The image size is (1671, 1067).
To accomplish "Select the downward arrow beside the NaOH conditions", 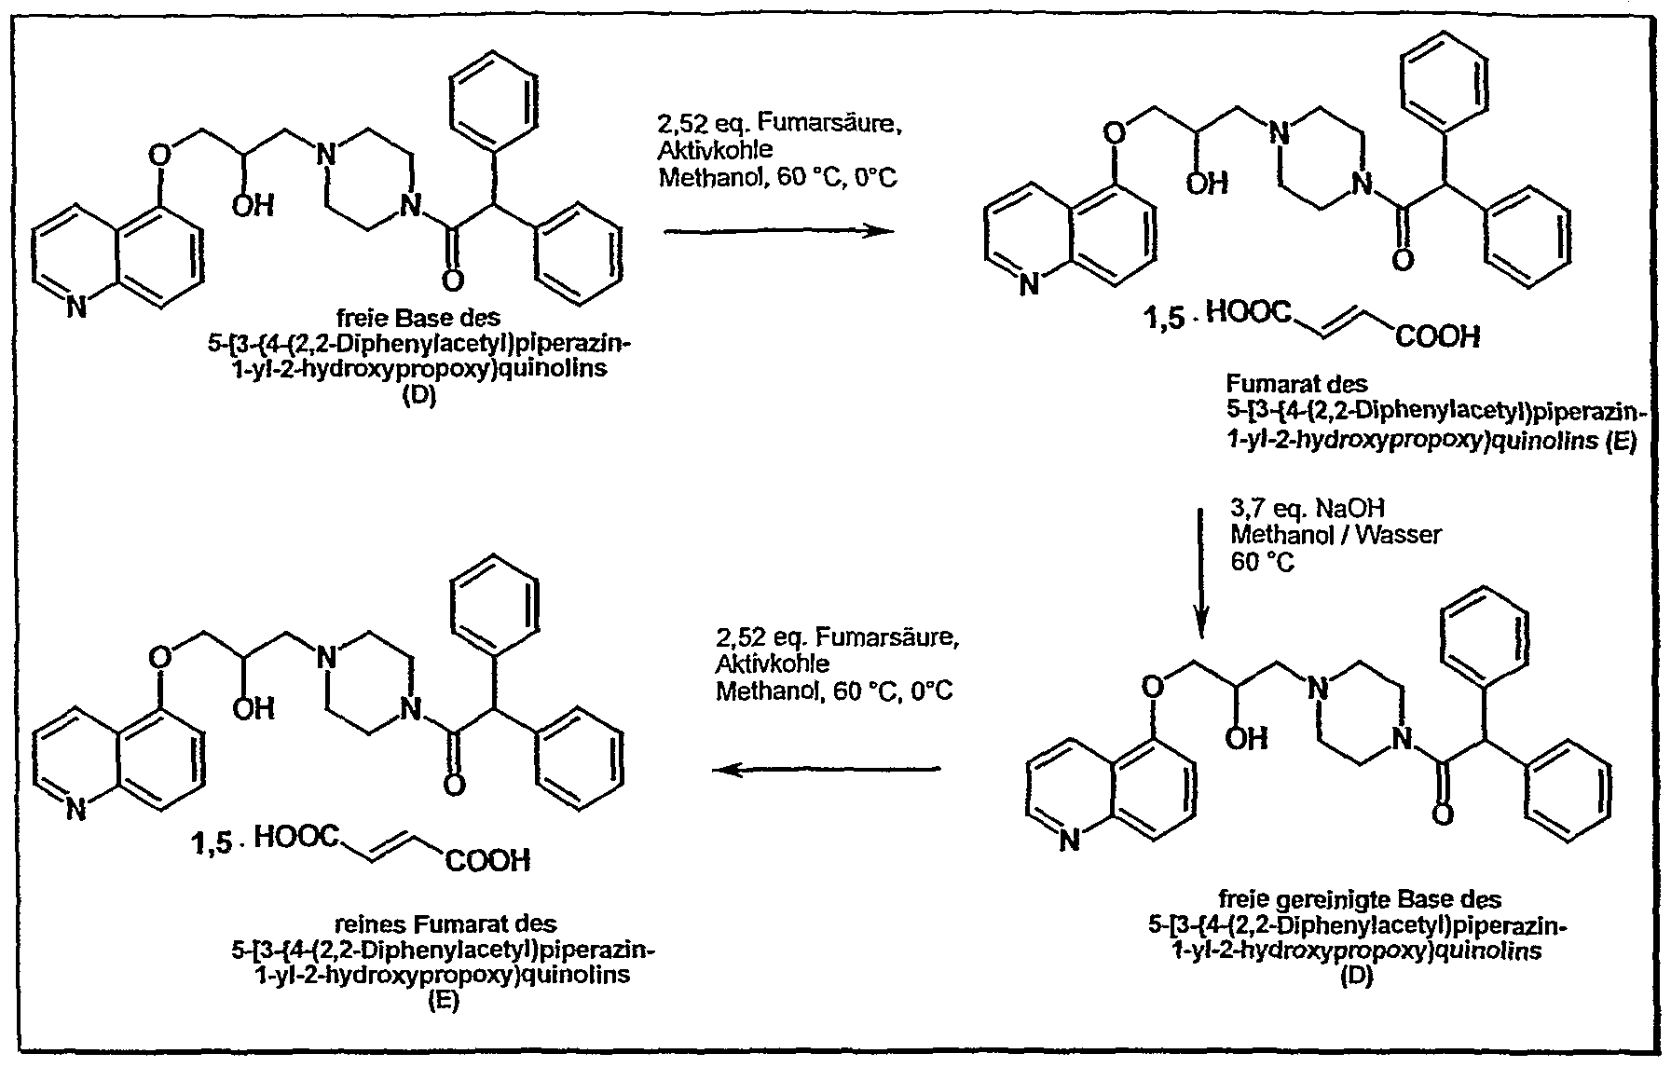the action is (1202, 572).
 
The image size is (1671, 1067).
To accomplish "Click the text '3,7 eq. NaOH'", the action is (1308, 509).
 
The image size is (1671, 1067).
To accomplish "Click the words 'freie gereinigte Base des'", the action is (1360, 901).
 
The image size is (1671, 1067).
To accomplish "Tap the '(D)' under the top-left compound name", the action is (418, 394).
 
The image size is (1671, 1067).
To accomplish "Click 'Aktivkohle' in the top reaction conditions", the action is (715, 149).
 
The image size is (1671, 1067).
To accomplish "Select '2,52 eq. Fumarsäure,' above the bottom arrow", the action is (836, 638).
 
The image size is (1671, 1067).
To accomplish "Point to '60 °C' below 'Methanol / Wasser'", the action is (1263, 562).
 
